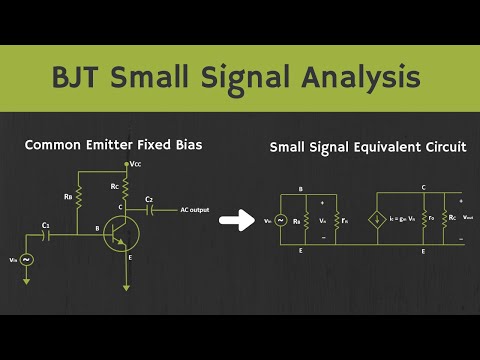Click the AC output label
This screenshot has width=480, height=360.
click(x=196, y=210)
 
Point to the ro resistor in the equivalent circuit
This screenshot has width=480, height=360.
click(x=425, y=219)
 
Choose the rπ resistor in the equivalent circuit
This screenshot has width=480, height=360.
click(x=337, y=219)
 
